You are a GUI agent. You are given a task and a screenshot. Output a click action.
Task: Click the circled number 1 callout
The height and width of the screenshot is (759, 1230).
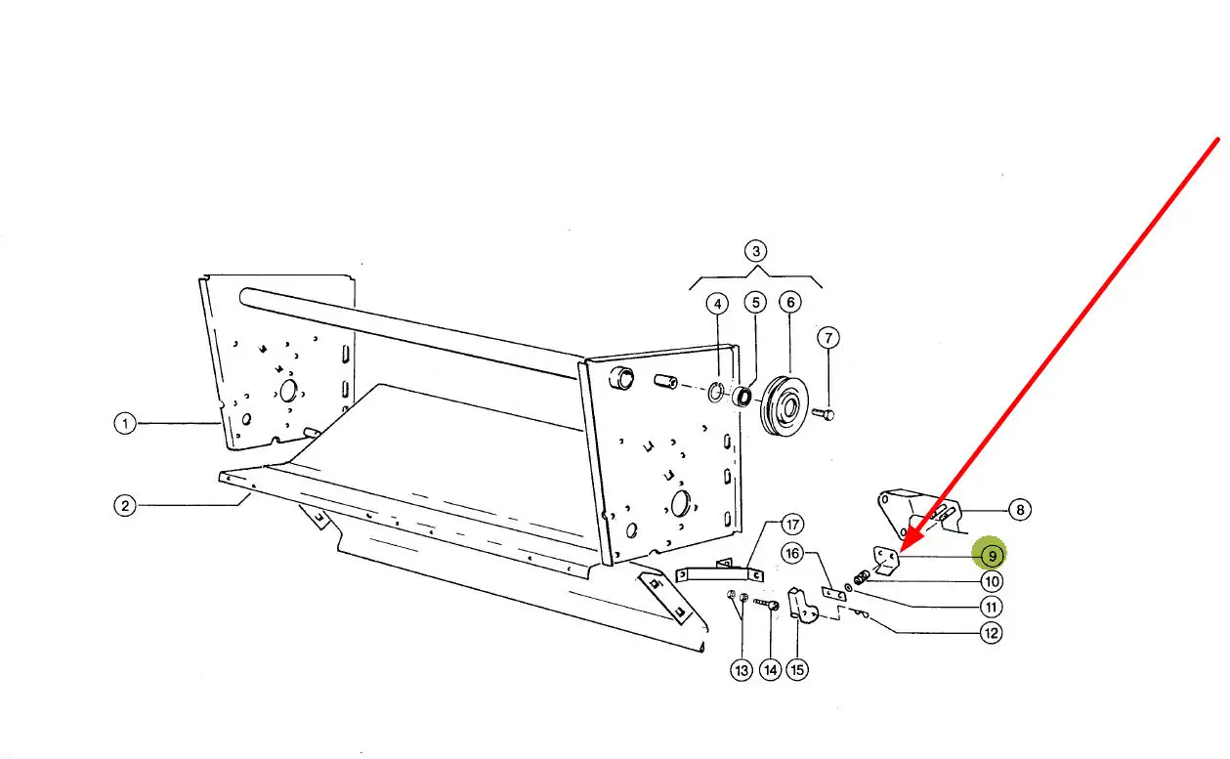(x=125, y=423)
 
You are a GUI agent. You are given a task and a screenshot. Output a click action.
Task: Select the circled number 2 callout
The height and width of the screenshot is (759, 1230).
(x=125, y=505)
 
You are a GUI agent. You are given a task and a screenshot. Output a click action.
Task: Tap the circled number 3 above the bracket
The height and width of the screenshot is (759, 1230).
(x=755, y=251)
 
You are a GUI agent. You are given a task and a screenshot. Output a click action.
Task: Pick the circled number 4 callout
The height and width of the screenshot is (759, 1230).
(x=717, y=304)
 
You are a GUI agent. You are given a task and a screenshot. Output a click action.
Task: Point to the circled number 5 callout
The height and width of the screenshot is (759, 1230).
(x=755, y=303)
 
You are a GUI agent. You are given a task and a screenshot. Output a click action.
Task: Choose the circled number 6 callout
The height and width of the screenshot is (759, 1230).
(x=790, y=302)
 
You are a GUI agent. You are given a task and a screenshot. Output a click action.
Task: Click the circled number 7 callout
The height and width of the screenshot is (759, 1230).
(x=828, y=337)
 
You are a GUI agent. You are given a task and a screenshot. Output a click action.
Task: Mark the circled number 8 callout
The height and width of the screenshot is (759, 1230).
(x=1020, y=510)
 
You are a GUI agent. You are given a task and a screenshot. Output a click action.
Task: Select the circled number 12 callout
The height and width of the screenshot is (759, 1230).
(x=991, y=633)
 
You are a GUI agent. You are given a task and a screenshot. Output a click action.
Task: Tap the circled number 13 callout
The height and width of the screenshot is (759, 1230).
(x=742, y=670)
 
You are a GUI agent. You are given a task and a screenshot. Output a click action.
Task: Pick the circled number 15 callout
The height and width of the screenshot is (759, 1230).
(x=797, y=669)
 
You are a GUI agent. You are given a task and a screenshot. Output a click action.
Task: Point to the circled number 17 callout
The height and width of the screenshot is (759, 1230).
(x=792, y=525)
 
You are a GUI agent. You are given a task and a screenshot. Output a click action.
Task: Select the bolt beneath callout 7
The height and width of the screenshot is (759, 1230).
(x=824, y=413)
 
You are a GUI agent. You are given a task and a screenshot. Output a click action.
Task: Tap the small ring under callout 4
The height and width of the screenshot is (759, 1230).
(x=715, y=392)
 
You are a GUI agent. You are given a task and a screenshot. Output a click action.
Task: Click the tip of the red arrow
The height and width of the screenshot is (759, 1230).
(x=902, y=551)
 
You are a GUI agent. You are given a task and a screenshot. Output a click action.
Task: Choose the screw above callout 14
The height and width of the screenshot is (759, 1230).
(x=767, y=604)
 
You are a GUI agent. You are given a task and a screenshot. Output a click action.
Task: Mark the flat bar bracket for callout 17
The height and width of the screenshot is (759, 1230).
(x=719, y=573)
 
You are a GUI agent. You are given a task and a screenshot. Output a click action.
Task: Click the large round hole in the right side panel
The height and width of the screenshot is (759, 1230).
(x=680, y=503)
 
